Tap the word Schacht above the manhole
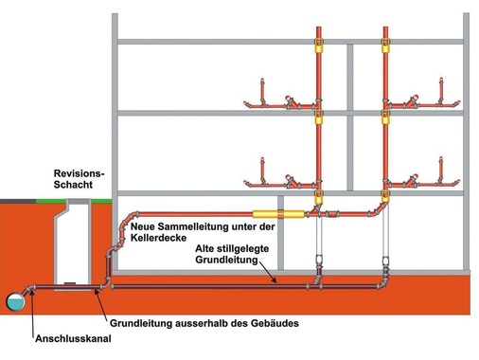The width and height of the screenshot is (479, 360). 76,186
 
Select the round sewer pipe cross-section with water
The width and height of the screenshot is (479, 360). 15,300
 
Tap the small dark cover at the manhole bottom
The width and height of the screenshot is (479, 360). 71,282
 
